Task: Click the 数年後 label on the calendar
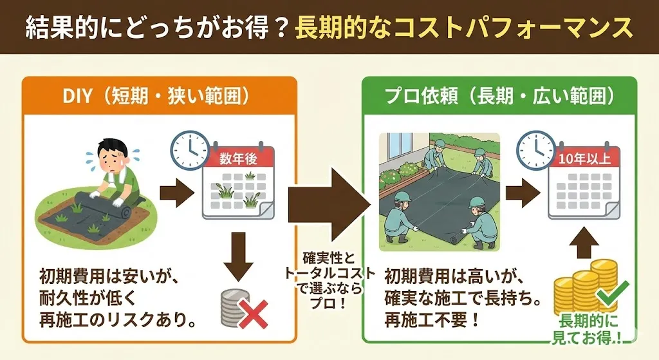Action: (238, 158)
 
